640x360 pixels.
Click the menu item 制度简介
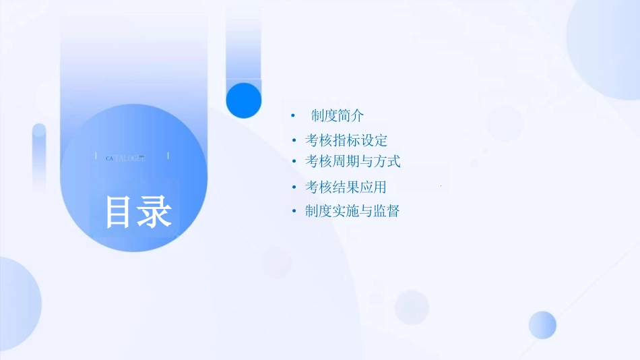point(338,116)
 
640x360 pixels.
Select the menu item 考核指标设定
point(346,140)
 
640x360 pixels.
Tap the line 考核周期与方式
point(352,161)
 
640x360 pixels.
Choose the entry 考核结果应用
point(346,187)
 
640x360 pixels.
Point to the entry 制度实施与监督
point(352,211)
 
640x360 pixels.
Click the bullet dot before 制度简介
point(293,117)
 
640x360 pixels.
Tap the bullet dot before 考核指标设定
point(294,141)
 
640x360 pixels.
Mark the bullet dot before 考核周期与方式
point(294,162)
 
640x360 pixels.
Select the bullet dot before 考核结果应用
point(294,187)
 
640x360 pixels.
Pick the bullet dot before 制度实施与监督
point(294,212)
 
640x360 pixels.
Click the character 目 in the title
point(119,212)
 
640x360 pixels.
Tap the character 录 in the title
point(156,212)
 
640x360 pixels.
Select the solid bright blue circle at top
point(243,100)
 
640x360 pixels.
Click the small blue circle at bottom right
point(542,325)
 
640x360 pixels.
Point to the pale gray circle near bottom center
point(412,307)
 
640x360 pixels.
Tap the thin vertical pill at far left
point(39,155)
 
